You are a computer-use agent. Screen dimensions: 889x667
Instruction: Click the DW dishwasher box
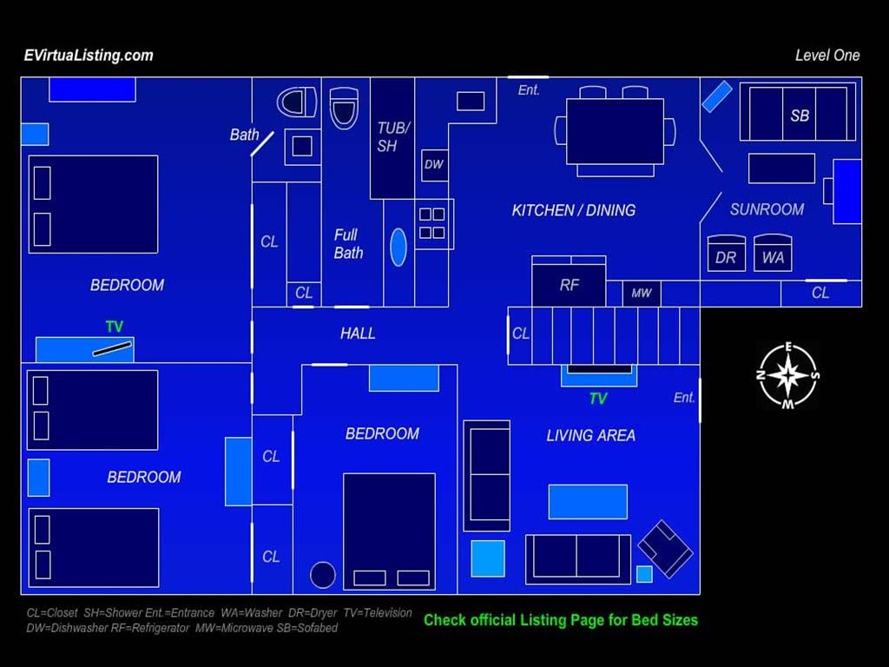[435, 165]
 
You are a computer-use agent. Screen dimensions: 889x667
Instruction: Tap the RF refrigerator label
[569, 285]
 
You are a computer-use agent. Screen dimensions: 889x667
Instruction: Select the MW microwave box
[642, 294]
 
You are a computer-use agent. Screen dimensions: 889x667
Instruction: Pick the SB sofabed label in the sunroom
[800, 116]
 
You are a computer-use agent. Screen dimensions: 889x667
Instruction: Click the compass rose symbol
[788, 375]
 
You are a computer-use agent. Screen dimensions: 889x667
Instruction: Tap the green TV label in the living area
[598, 399]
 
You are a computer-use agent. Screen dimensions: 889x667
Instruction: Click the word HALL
[358, 333]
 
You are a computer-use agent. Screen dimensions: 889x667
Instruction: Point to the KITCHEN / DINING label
[573, 210]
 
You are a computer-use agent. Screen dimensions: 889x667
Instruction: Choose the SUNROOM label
[767, 209]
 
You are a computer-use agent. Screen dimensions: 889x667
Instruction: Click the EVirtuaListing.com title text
[89, 55]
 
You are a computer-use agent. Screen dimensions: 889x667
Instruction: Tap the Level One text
[827, 55]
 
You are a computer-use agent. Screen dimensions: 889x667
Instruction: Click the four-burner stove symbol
[432, 223]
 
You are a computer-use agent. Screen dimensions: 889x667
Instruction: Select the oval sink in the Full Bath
[398, 248]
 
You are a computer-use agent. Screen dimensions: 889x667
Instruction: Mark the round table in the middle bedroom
[323, 575]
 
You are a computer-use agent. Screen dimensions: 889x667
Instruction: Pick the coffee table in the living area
[588, 502]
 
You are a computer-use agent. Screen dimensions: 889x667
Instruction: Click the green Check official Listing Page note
[561, 620]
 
